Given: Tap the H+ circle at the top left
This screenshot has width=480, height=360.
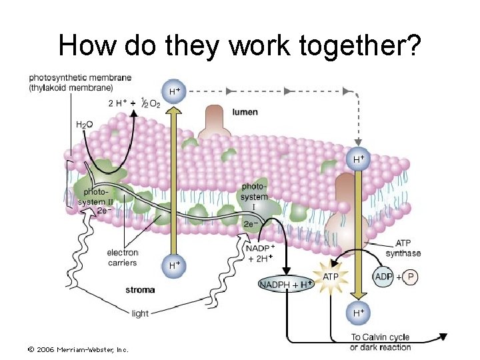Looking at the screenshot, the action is point(174,90).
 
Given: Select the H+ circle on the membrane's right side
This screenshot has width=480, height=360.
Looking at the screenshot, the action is point(359,159).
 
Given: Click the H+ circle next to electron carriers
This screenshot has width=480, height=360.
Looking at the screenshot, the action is point(174,265).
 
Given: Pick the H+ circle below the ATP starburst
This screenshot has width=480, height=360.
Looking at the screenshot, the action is point(359,311).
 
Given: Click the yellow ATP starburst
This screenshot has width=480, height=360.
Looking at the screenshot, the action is point(331,277).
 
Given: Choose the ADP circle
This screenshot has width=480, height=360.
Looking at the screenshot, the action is point(383,276).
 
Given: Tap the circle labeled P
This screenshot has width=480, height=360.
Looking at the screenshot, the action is point(411,276).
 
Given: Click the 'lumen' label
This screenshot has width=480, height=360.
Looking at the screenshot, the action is point(245,112).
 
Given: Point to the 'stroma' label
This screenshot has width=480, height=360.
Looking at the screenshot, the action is point(140,289).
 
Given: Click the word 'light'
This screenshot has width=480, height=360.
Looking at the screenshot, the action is point(140,313).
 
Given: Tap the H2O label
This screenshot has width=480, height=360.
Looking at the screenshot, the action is point(85,125).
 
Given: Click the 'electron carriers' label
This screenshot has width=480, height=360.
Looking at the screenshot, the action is point(122,257).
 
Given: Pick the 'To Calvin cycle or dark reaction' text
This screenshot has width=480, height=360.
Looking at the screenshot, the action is point(380,342).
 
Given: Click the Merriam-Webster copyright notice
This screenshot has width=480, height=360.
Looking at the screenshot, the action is point(78,349).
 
